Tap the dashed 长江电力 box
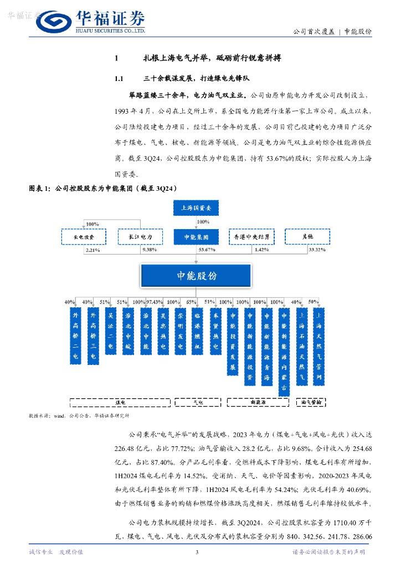(140, 237)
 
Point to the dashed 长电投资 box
(84, 237)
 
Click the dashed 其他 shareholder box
(307, 237)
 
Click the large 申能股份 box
(197, 276)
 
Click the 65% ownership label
(192, 302)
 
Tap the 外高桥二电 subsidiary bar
(76, 336)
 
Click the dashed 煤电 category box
(120, 402)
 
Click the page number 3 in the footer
(197, 552)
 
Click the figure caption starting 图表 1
(103, 189)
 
